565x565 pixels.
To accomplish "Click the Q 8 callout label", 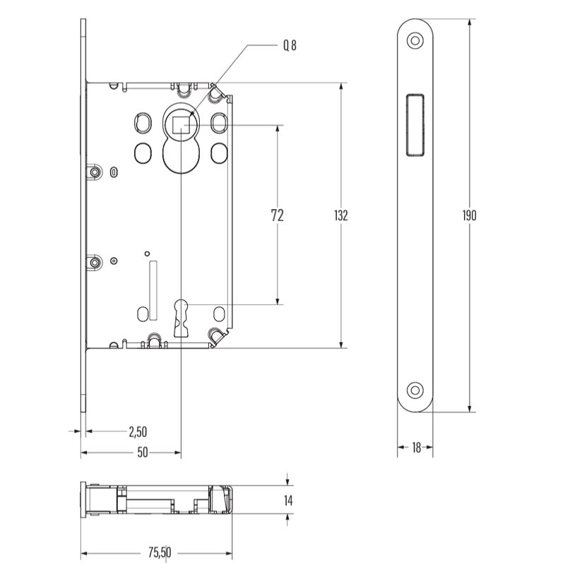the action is click(290, 45).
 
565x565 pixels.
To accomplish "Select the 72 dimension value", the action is click(277, 215).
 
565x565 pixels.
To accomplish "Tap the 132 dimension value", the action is click(341, 215).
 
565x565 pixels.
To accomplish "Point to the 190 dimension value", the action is click(469, 215).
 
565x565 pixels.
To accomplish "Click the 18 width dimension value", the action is click(416, 448).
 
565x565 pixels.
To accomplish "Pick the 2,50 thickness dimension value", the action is click(138, 432).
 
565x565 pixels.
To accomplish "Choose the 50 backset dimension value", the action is click(143, 452).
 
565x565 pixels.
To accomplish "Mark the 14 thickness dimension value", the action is click(288, 501).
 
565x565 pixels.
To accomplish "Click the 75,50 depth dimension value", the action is click(160, 552).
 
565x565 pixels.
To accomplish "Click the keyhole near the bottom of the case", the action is click(181, 318).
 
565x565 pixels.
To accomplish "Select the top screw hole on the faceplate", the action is click(415, 40).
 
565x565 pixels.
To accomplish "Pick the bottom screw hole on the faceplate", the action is click(415, 391).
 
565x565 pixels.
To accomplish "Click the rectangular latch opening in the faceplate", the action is click(415, 125).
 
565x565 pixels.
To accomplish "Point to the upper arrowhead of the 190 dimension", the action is click(469, 23).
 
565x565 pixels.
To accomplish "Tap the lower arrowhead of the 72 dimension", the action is click(277, 301).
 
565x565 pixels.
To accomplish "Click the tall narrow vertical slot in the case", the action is click(153, 290).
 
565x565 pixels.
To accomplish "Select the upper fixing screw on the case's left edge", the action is click(95, 172).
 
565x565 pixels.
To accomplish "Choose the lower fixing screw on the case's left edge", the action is click(95, 262).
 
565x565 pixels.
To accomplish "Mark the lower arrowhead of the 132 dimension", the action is click(341, 345).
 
